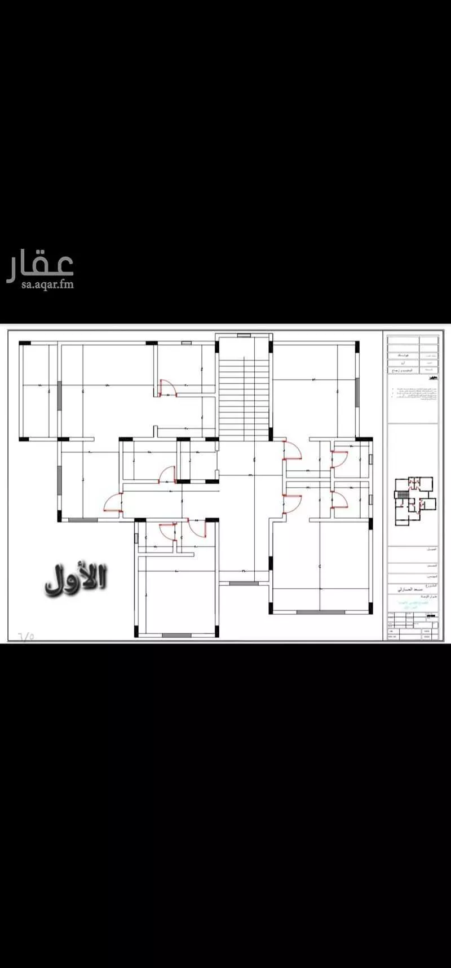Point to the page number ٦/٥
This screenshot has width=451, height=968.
[x=26, y=636]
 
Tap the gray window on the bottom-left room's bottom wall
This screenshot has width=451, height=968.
[x=176, y=635]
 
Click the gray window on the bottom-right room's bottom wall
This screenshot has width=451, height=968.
[x=320, y=612]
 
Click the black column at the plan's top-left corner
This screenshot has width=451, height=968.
[x=24, y=342]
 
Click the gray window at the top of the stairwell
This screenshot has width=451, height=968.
[x=244, y=336]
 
